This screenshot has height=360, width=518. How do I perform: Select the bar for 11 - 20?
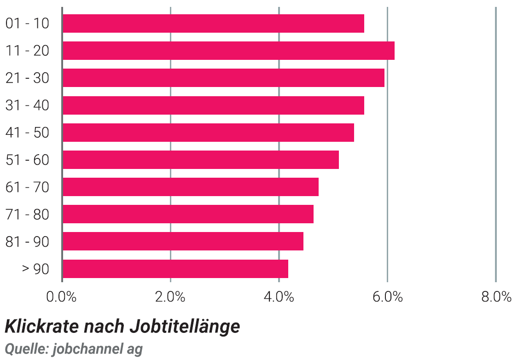click(x=228, y=51)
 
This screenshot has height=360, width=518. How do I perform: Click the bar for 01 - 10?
click(x=213, y=23)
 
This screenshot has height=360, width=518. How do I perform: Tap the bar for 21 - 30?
click(x=224, y=78)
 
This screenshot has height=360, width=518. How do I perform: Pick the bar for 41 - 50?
click(x=209, y=133)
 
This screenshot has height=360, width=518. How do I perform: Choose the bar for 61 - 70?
click(x=191, y=187)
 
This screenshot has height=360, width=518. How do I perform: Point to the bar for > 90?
click(x=175, y=269)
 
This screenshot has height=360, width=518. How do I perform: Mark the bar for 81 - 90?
click(x=183, y=241)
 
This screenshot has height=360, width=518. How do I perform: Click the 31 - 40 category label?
click(x=28, y=105)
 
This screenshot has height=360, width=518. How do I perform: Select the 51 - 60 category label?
click(x=28, y=160)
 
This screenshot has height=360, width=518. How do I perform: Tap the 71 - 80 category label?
click(x=28, y=215)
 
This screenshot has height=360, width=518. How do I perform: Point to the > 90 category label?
click(x=35, y=269)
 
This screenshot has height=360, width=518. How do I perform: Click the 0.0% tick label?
click(x=61, y=297)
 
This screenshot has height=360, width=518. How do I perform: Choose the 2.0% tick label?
click(x=170, y=297)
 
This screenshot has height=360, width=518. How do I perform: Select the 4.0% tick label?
click(x=279, y=297)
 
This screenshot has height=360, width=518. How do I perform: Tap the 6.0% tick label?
click(x=388, y=297)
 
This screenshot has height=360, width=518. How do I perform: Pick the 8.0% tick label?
click(x=496, y=297)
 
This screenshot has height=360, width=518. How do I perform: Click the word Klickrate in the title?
click(x=41, y=326)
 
